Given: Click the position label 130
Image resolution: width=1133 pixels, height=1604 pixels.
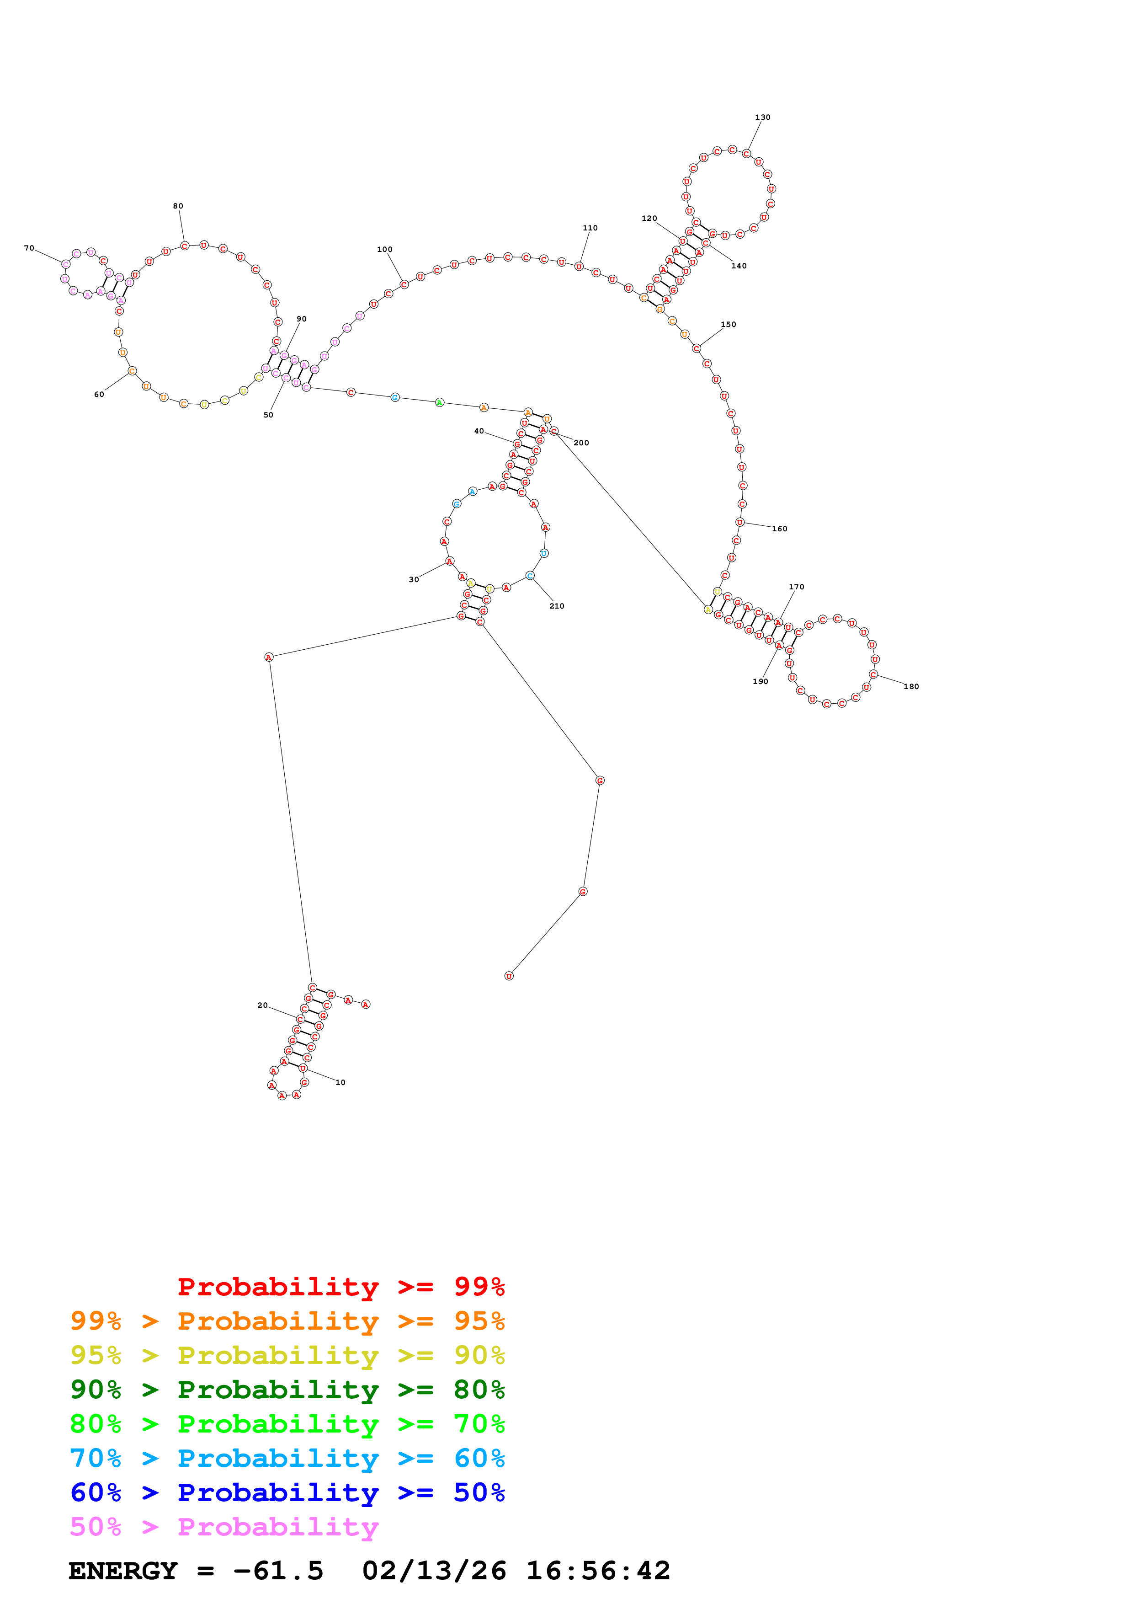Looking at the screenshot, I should click(x=762, y=118).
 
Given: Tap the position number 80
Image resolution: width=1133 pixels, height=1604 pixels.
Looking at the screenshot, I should click(x=178, y=206).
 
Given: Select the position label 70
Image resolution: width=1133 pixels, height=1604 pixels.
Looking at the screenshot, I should click(x=29, y=248).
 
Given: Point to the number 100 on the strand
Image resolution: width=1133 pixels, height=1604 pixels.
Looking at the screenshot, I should click(x=385, y=249).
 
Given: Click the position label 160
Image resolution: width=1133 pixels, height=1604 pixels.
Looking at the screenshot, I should click(x=779, y=529).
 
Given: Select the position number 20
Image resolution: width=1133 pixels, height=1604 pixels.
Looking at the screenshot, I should click(x=262, y=1005).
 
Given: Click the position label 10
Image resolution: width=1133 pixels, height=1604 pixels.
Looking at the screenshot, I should click(x=340, y=1082).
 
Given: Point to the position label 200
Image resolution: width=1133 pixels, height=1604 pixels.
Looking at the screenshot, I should click(x=581, y=443).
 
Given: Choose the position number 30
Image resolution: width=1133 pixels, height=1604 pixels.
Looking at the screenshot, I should click(x=414, y=579).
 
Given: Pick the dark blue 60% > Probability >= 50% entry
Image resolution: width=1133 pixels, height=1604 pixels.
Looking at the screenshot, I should click(x=287, y=1492).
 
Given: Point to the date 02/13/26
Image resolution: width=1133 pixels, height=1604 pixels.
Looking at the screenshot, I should click(x=434, y=1571).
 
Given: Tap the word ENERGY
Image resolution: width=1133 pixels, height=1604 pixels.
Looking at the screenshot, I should click(x=123, y=1571).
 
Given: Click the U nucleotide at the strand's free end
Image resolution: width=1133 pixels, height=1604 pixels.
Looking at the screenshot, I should click(x=509, y=976).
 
